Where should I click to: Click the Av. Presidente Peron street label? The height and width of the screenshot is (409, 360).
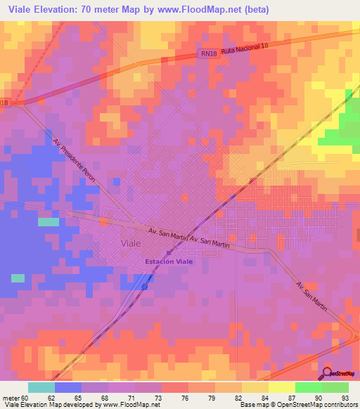click(75, 160)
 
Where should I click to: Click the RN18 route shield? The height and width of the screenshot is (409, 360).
click(206, 53)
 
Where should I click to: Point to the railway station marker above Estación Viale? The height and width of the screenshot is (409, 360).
click(168, 253)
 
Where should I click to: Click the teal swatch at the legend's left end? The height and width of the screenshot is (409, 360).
click(41, 387)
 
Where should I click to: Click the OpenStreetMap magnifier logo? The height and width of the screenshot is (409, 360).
click(327, 375)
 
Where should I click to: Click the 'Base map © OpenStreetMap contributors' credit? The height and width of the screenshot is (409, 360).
click(297, 405)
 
